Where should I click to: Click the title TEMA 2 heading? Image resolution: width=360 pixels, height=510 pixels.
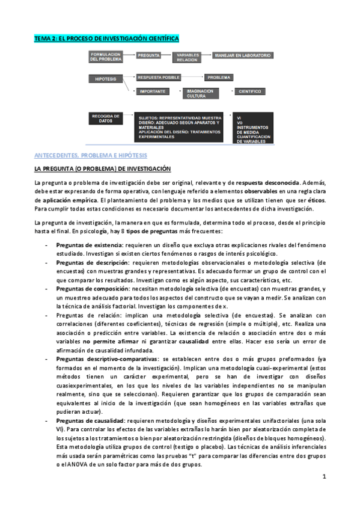106,38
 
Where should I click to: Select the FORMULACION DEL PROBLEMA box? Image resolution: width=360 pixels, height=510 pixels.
106,57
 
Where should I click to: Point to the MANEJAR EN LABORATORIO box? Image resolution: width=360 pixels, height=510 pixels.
242,55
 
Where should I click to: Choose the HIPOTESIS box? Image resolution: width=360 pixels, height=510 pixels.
106,79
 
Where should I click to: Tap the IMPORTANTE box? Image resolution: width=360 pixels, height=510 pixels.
153,91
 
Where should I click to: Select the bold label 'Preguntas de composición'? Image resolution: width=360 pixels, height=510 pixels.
93,289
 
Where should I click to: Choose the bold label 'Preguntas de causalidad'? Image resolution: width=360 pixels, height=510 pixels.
90,421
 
